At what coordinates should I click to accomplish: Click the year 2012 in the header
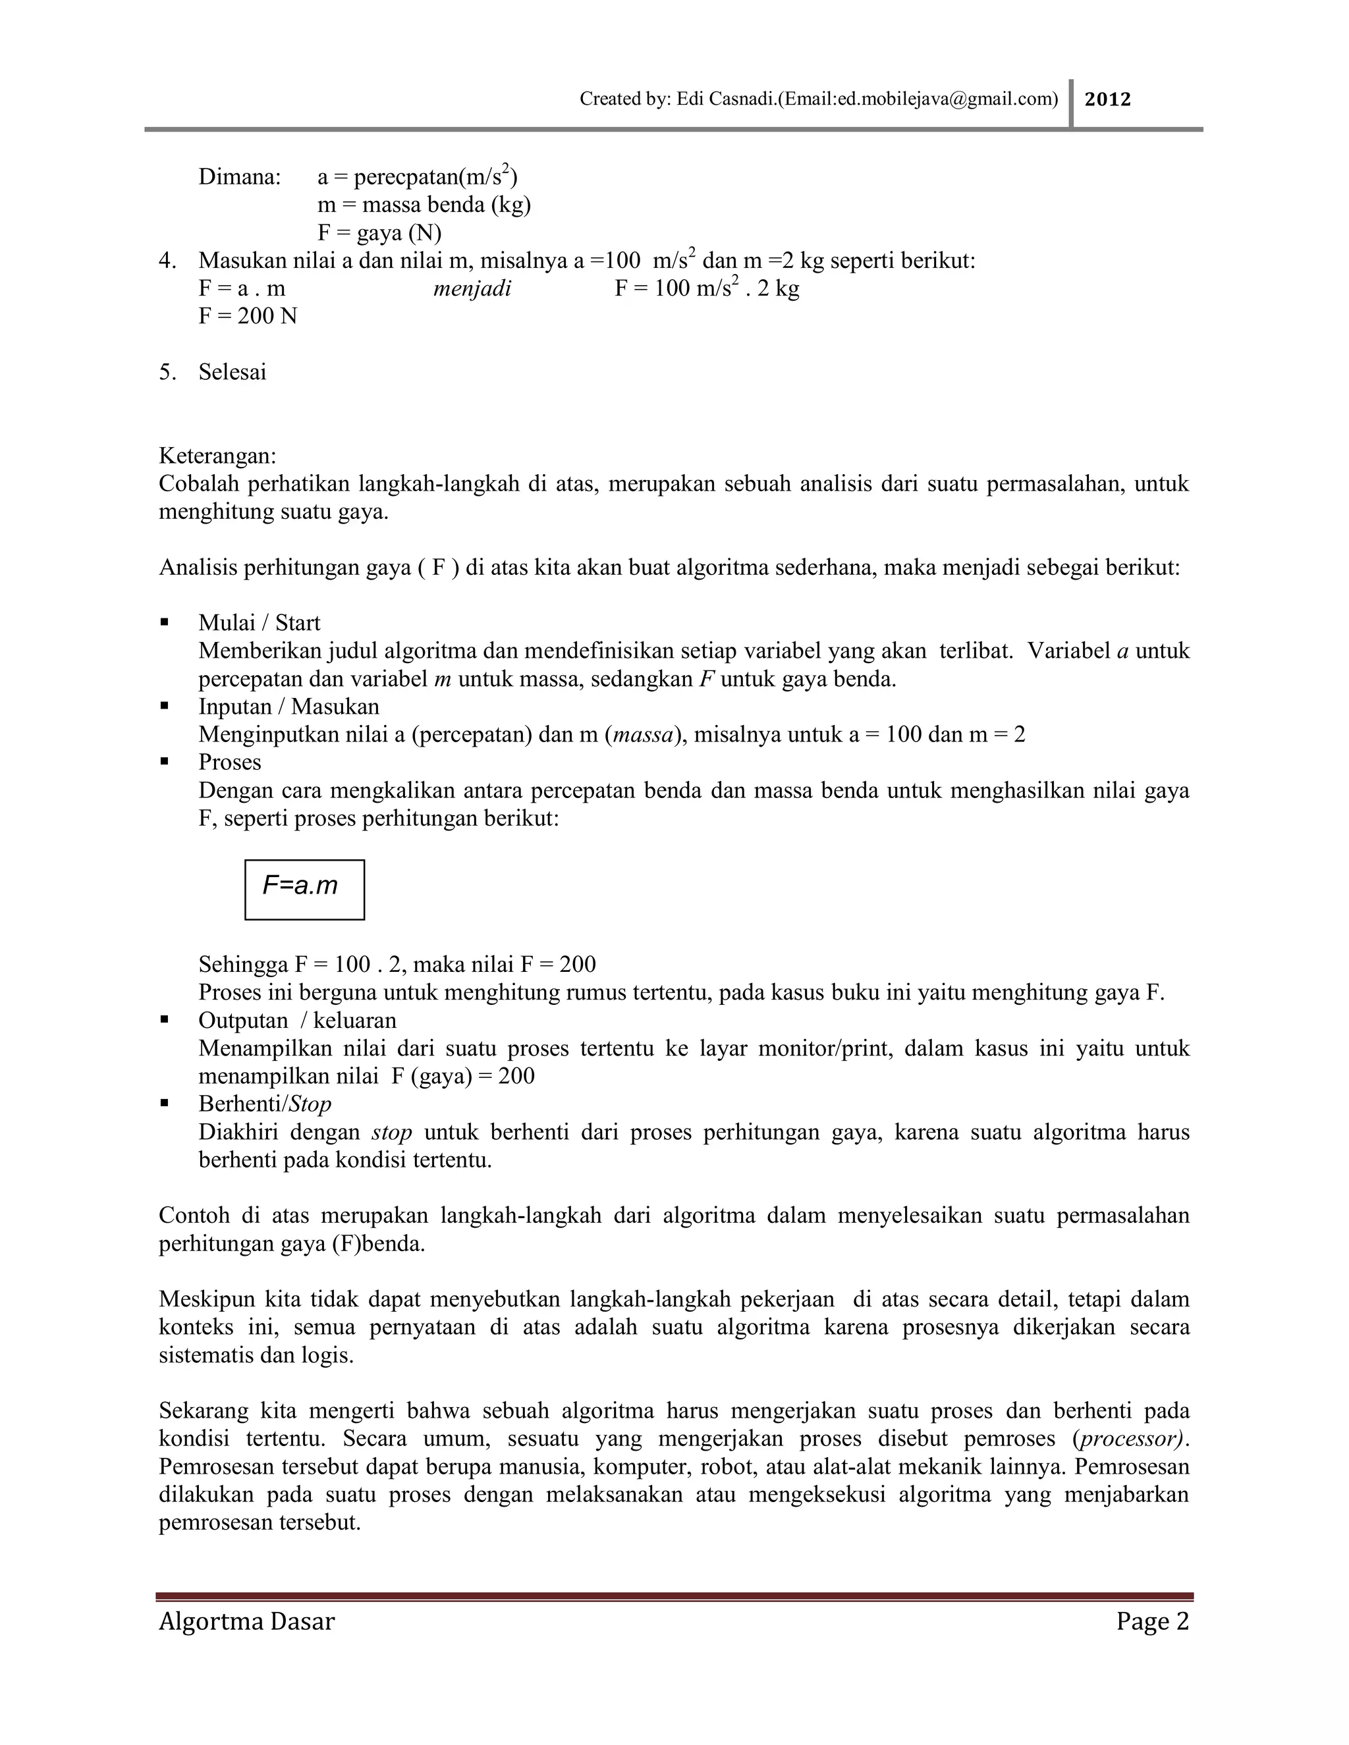(x=1108, y=99)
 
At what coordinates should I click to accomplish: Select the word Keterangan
(x=217, y=456)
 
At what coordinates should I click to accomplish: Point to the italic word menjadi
(x=472, y=288)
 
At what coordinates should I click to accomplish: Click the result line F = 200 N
(x=248, y=315)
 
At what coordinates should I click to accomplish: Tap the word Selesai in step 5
(x=233, y=371)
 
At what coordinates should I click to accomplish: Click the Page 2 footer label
(x=1153, y=1621)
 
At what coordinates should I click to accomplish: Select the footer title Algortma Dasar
(x=246, y=1621)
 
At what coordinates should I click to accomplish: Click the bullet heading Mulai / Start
(x=259, y=622)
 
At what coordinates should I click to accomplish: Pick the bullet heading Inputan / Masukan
(x=289, y=707)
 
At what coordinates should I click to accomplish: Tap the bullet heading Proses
(x=229, y=763)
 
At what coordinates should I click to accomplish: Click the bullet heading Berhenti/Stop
(x=265, y=1104)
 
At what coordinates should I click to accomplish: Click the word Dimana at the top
(x=240, y=176)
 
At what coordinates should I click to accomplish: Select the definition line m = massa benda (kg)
(x=424, y=205)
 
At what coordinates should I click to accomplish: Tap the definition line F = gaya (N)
(x=379, y=232)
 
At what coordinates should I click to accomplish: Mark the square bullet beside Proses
(x=165, y=763)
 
